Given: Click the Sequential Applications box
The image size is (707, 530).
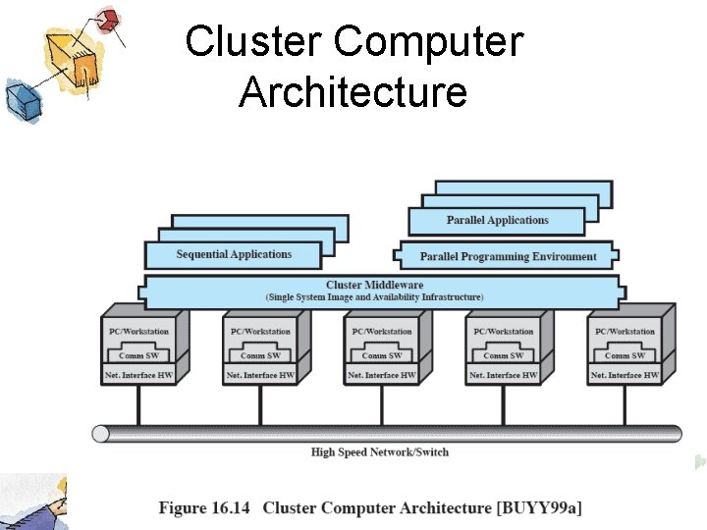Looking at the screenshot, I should tap(233, 255).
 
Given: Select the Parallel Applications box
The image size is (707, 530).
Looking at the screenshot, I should tap(497, 221).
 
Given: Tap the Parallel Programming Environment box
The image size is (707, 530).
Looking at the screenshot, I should tap(508, 257).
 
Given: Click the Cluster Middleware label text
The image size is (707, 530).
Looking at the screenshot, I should tap(375, 286).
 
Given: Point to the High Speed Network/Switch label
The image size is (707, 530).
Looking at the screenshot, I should tap(380, 452).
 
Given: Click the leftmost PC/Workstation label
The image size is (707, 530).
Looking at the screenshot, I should tap(137, 332).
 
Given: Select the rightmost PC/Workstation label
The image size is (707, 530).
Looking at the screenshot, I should tap(624, 332).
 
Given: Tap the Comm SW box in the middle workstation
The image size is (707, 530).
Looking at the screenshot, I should tap(381, 354).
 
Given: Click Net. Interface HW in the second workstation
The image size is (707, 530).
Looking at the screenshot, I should tap(259, 375).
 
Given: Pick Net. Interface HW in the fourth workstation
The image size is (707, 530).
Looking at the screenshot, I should tap(503, 375).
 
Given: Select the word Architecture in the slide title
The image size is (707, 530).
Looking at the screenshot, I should tap(353, 92).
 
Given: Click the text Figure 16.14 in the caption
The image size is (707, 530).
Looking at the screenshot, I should tap(205, 507).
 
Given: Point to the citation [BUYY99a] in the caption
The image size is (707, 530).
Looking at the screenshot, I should tap(539, 507).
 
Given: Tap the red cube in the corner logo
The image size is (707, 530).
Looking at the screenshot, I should tap(110, 20).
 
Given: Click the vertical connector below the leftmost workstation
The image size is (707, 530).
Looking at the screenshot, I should tap(137, 404).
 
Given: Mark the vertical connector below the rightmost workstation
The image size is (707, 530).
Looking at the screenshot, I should tap(625, 404).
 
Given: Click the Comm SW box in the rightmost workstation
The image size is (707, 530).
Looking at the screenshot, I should tap(625, 354).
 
